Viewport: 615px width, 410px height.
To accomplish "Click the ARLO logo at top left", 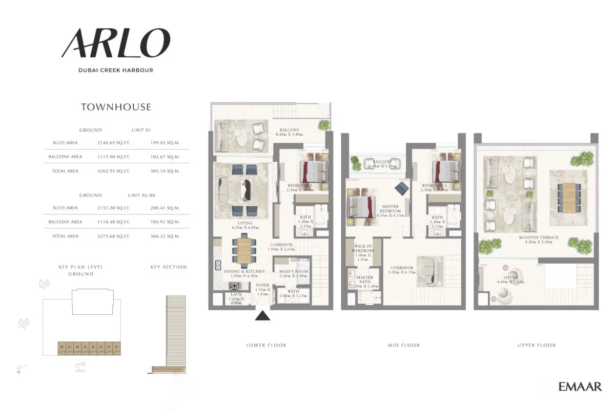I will tap(115, 43).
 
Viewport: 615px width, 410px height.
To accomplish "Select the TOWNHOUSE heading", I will tap(116, 107).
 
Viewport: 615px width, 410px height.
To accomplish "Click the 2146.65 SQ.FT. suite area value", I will tap(113, 143).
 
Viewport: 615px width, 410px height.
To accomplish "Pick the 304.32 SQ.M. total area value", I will tap(166, 236).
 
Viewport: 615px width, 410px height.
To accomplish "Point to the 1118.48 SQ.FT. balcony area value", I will tap(113, 222).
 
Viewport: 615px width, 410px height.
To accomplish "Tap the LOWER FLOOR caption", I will tap(266, 346).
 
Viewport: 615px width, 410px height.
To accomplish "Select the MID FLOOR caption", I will tap(403, 346).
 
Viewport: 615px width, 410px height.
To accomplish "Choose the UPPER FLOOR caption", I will tap(536, 346).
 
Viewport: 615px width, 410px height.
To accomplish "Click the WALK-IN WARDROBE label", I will tap(363, 252).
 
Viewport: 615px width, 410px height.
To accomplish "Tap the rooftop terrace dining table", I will tap(567, 195).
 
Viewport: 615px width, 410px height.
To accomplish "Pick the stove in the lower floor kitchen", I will tap(235, 286).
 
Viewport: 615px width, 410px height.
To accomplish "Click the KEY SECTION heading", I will tap(169, 267).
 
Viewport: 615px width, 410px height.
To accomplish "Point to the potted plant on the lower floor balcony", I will tap(323, 125).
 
